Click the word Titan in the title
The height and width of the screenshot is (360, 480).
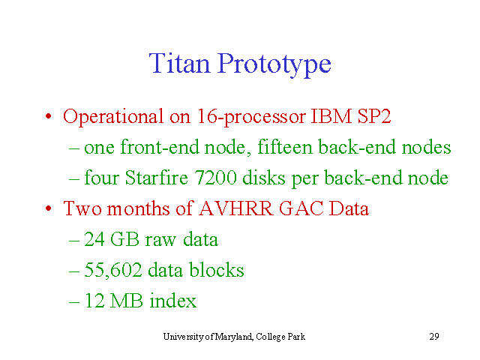tap(180, 63)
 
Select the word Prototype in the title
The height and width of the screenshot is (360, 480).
tap(274, 65)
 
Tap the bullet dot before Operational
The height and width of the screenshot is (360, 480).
tap(48, 116)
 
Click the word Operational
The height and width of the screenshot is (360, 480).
tap(113, 117)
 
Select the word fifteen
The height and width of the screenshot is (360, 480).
tap(285, 147)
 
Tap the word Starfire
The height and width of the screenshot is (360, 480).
tap(157, 178)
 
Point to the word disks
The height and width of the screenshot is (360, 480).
tap(263, 178)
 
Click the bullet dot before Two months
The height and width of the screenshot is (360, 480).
tap(48, 208)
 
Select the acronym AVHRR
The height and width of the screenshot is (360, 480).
tap(235, 208)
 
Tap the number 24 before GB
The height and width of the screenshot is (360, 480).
tap(94, 239)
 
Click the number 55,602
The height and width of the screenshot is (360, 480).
tap(113, 270)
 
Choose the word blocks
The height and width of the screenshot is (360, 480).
tap(217, 270)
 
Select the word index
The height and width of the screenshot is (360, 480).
tap(173, 300)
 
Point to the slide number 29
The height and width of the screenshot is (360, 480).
tap(434, 337)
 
